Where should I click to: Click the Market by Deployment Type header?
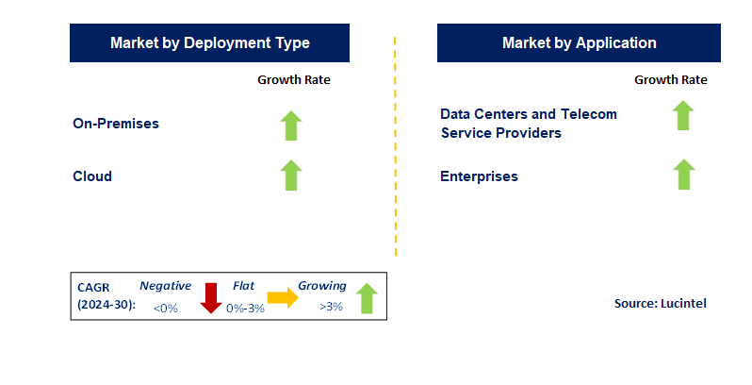coord(209,43)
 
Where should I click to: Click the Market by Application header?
coord(579,43)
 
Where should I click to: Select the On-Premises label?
coord(116,124)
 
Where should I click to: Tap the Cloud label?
coord(92,176)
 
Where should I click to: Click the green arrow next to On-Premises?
coord(291,126)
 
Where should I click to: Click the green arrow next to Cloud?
coord(291,176)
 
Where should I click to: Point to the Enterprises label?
coord(479,176)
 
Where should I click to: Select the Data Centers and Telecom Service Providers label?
coord(529,124)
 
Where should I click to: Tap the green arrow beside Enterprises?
coord(683,175)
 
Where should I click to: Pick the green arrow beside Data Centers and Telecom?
coord(683,116)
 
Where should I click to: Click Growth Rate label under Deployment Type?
coord(294,80)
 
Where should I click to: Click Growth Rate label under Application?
coord(671,80)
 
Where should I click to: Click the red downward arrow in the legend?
coord(211,298)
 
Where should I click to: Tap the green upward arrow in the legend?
coord(367,298)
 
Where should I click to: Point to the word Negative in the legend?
coord(166,286)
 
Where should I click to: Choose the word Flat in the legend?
coord(243,286)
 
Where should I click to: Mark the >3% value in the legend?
coord(332,308)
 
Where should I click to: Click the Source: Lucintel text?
coord(660,303)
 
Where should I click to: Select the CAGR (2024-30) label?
coord(104,296)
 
